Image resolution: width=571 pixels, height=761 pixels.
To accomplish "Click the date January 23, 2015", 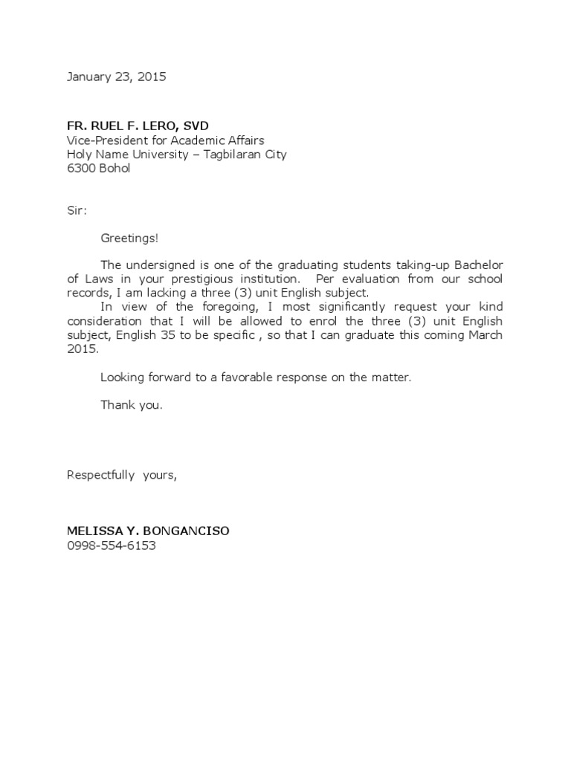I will tap(117, 77).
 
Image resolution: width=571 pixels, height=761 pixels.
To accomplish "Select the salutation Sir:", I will tap(77, 210).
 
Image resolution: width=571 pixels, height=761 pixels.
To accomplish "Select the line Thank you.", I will tap(131, 405).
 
